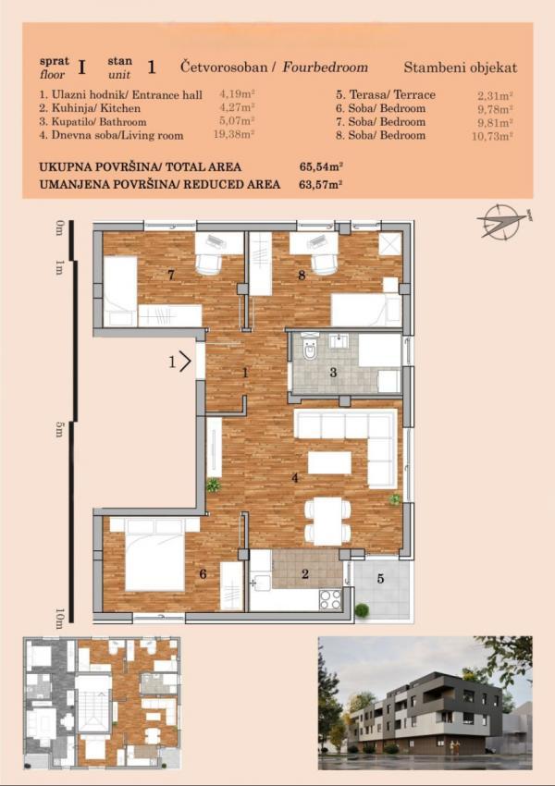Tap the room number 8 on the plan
(302, 275)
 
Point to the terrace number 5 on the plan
(379, 580)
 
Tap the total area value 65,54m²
(321, 167)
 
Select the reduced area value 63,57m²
(321, 185)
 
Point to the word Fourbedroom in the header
(326, 68)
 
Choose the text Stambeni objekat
(461, 68)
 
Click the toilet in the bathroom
(310, 350)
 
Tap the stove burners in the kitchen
(330, 598)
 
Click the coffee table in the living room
(329, 462)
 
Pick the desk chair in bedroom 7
(208, 263)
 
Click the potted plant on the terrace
(362, 609)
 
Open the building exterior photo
(425, 703)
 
